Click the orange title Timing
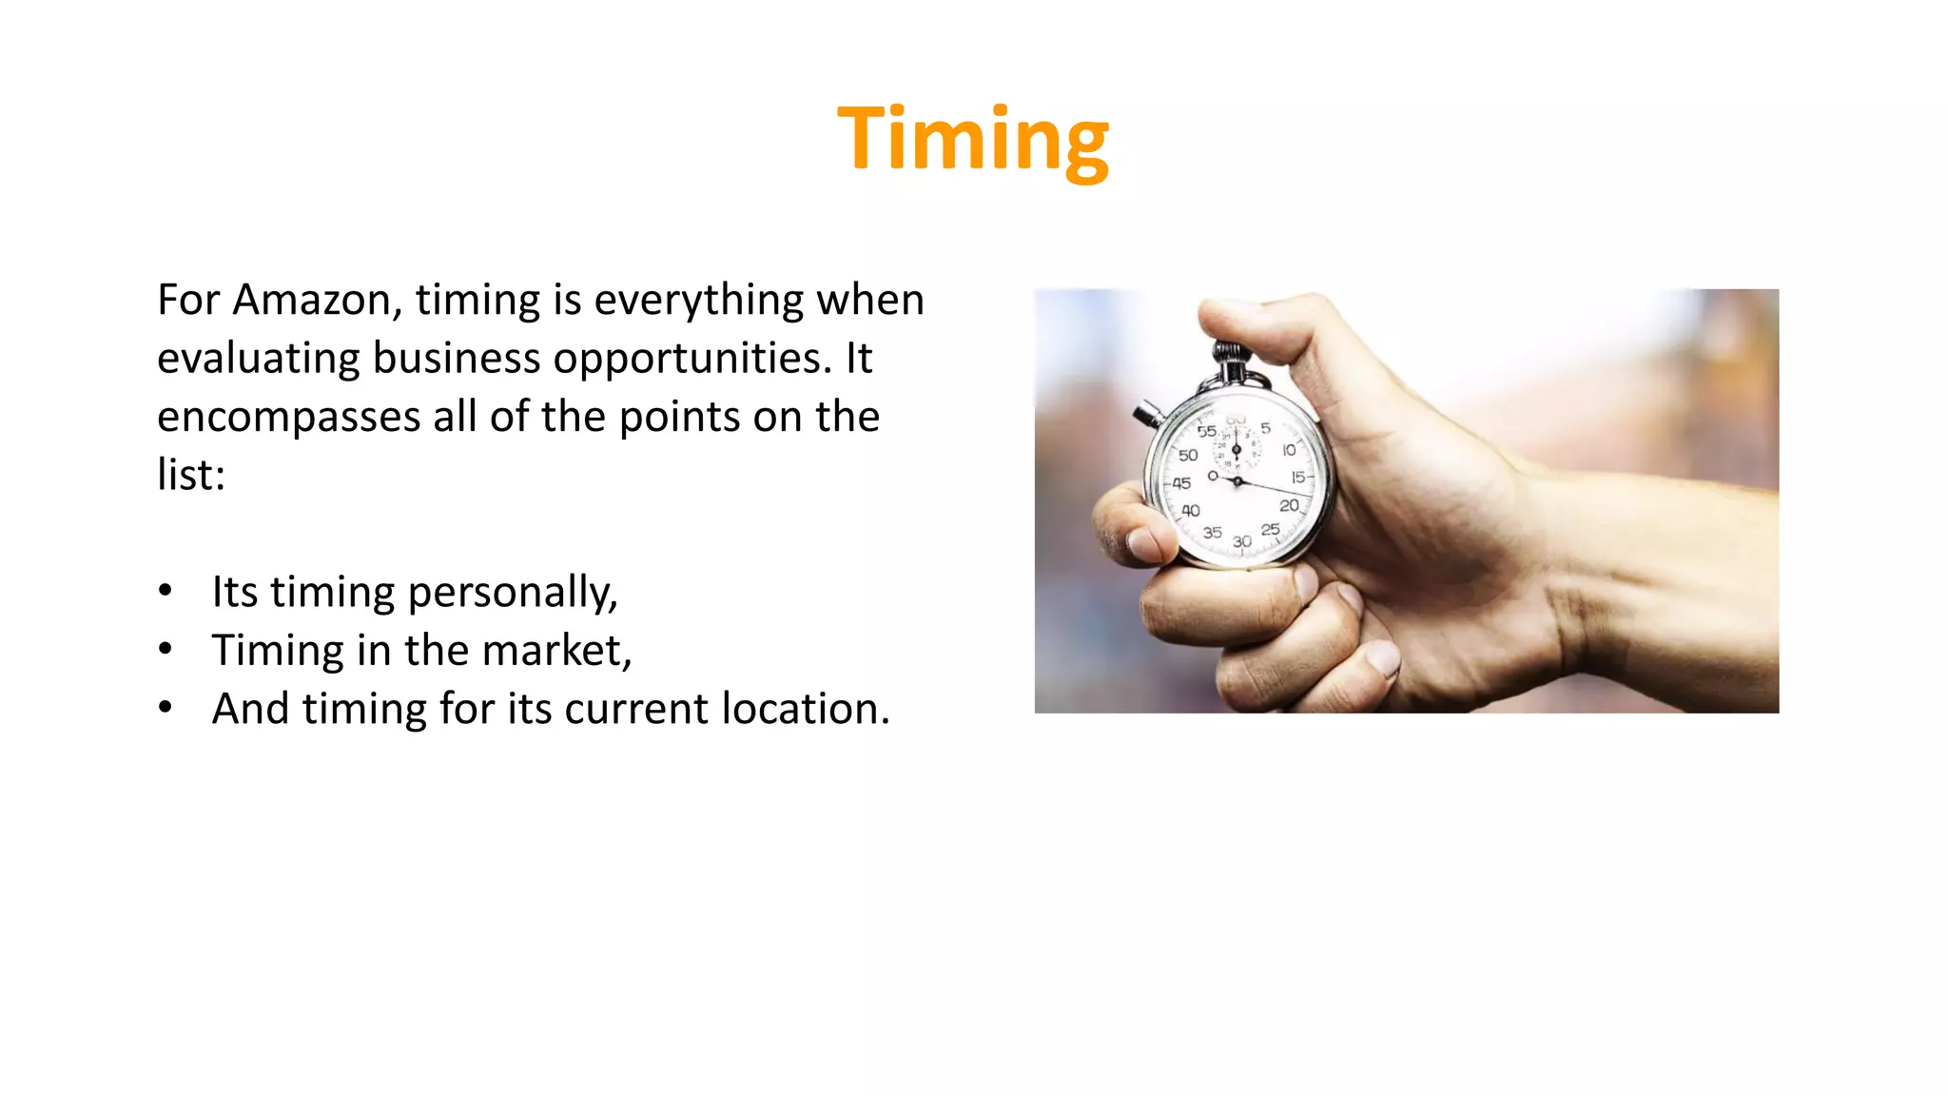click(x=972, y=140)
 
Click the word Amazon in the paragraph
click(x=312, y=301)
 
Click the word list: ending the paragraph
click(x=190, y=475)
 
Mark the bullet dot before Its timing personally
click(x=166, y=591)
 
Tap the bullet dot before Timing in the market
click(x=166, y=650)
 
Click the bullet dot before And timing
click(x=166, y=708)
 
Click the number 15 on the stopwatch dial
click(x=1297, y=477)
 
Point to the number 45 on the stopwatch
click(x=1181, y=483)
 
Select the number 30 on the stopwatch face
click(x=1242, y=541)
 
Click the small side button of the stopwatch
click(x=1146, y=414)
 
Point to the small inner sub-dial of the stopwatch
click(x=1237, y=448)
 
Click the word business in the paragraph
click(x=459, y=360)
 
